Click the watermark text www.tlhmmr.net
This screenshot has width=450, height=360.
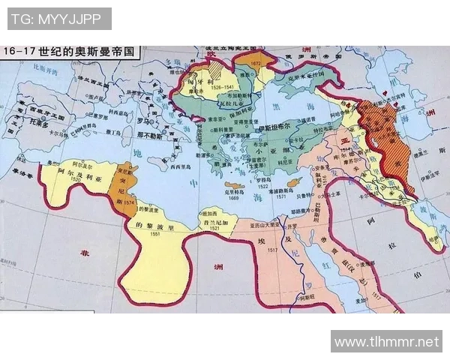386,341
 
